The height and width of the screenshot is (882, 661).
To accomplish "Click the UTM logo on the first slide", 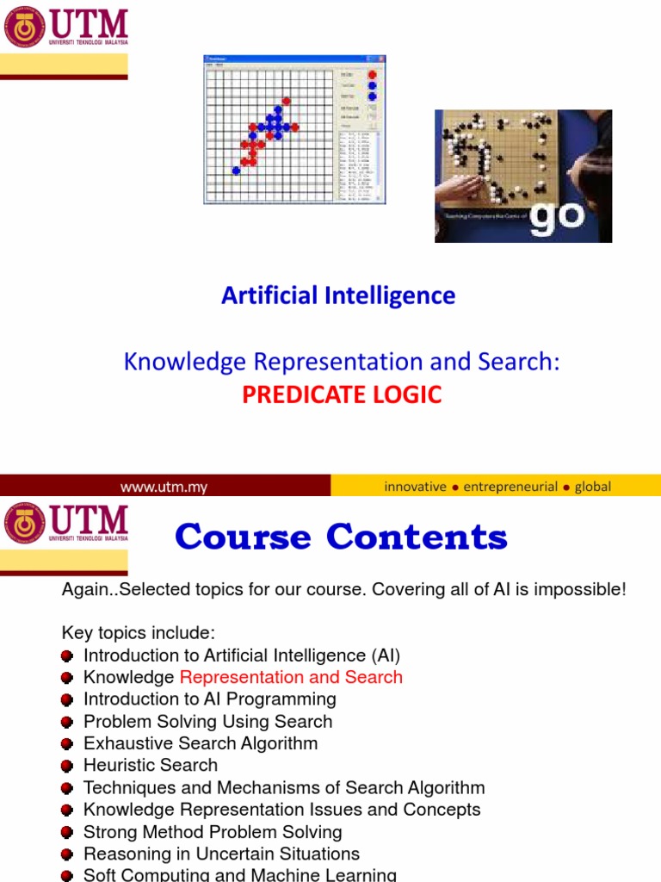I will click(65, 28).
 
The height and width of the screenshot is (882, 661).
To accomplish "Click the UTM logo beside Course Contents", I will click(65, 525).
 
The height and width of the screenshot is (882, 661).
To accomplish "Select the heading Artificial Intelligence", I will click(338, 295).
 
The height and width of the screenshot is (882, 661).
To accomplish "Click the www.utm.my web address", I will click(164, 487).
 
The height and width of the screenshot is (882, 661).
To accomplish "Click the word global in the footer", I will click(593, 487).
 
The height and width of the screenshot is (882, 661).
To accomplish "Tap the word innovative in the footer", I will click(415, 487).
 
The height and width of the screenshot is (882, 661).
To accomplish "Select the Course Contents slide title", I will click(341, 537).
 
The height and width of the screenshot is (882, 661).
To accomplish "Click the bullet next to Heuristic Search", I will click(68, 766).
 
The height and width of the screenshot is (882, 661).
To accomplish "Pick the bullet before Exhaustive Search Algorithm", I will click(68, 744).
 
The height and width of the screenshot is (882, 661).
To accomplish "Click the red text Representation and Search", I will click(291, 677).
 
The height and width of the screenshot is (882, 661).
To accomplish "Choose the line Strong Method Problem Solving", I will click(213, 832).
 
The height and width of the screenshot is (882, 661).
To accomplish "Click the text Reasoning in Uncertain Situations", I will click(221, 854).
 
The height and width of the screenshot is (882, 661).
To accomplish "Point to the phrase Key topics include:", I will click(133, 633).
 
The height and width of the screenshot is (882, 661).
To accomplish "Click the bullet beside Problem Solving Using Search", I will click(68, 722).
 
